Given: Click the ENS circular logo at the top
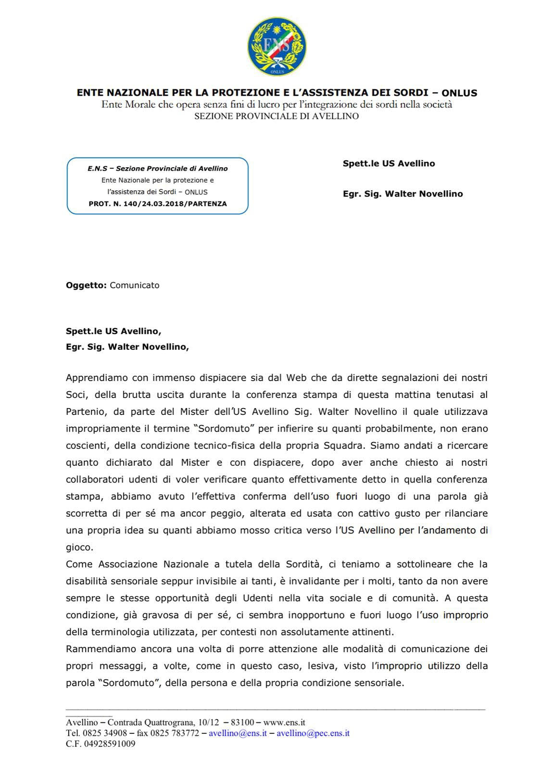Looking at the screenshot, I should [277, 47].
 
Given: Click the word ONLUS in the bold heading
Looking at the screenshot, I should [459, 93].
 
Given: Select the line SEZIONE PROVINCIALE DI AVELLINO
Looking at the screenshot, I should [277, 116].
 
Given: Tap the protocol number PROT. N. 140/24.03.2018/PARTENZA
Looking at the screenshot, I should [158, 204].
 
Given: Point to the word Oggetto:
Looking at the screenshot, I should [86, 285].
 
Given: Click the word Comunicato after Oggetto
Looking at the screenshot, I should [135, 285].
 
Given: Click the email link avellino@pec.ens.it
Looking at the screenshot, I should [313, 733].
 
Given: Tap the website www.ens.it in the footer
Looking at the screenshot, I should [284, 722].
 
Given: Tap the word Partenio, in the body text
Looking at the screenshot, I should [83, 412].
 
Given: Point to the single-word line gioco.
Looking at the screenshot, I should [79, 547].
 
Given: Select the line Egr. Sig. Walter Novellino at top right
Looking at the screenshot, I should [403, 194].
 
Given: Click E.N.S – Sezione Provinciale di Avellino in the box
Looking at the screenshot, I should [158, 169].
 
